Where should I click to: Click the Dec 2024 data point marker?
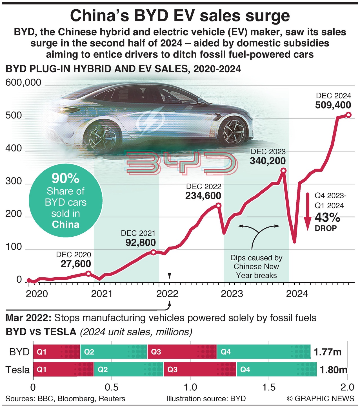pos(348,115)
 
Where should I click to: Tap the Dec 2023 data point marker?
pos(283,170)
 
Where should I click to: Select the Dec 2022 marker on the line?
pos(218,205)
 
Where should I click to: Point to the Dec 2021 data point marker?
pos(153,252)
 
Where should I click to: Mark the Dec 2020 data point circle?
pos(88,273)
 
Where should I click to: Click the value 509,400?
pos(333,105)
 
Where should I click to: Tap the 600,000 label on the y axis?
pos(23,83)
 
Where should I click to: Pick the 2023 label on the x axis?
pos(232,294)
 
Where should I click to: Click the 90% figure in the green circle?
pos(66,178)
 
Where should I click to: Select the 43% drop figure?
pos(327,217)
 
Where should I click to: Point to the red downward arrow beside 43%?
pos(308,212)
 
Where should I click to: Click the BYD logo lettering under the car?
pos(180,163)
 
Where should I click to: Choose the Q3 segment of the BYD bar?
pos(182,352)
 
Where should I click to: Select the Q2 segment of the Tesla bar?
pos(128,369)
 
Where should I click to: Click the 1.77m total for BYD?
pos(328,352)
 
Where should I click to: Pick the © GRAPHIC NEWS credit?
pos(320,399)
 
